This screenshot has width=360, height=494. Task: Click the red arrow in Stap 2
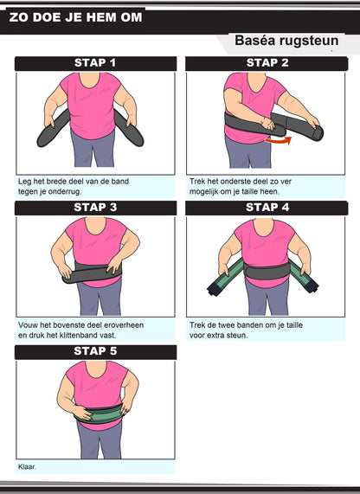tap(279, 141)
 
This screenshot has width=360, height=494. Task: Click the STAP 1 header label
tap(95, 62)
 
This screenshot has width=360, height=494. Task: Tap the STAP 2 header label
tap(267, 62)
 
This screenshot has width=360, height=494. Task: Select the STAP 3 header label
tap(95, 208)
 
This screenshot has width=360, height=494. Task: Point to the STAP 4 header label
tap(267, 208)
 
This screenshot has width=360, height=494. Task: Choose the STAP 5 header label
tap(95, 351)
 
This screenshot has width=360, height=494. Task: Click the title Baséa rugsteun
tap(286, 41)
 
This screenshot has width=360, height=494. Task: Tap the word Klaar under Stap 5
tap(27, 466)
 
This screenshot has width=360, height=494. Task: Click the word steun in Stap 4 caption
tap(237, 335)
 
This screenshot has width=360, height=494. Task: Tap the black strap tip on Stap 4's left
tap(212, 288)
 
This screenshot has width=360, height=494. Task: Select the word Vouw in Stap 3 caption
tap(26, 325)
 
